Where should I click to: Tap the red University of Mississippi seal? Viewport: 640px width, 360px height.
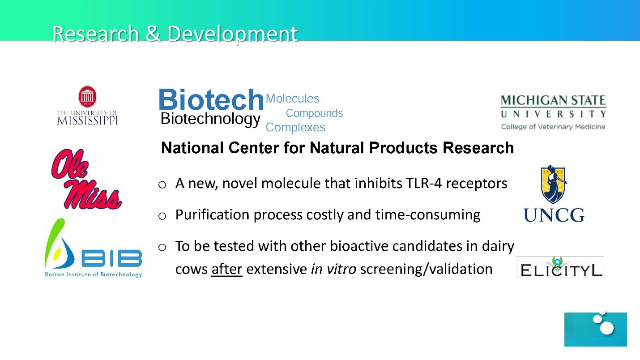pos(87,97)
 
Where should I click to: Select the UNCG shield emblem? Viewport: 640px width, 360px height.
pos(554,184)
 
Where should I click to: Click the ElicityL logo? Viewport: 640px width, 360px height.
pos(560,267)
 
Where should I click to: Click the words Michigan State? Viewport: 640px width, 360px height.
pos(553,100)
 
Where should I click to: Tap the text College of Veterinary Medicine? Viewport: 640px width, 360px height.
pos(553,127)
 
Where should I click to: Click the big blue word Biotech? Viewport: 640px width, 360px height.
pos(211,99)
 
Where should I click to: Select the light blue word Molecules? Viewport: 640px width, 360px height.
pos(292,99)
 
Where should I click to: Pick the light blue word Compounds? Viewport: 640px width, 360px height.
pos(314,114)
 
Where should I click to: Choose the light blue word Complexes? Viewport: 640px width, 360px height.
pos(295,128)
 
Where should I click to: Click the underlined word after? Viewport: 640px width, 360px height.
pos(227,269)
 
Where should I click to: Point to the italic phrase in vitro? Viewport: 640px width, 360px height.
pos(333,269)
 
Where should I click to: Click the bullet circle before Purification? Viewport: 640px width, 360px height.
pos(162,216)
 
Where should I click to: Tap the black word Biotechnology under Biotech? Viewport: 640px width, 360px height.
pos(210,119)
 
